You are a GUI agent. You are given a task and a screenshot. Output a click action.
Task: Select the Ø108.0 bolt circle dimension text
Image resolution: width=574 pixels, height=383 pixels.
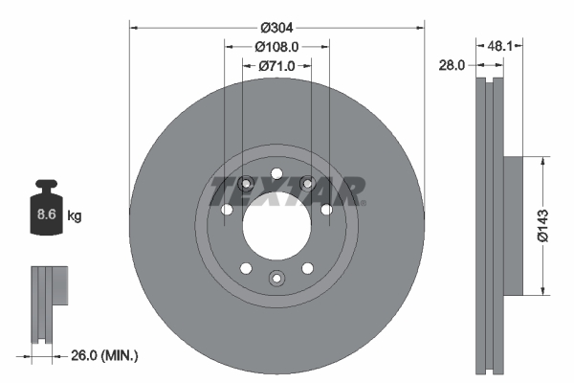coord(277,45)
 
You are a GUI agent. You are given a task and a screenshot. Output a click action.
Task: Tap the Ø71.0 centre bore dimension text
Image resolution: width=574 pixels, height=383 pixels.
coord(277,66)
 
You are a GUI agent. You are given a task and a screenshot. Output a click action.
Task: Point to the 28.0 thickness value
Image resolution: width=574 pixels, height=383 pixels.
coord(452,65)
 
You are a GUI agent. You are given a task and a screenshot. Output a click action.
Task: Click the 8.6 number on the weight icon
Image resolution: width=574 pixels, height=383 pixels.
coord(46,215)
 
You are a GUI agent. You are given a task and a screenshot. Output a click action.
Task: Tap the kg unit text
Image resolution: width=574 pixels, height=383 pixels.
coord(75,216)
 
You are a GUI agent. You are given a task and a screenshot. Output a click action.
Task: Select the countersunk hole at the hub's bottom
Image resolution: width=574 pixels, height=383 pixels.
coord(276,279)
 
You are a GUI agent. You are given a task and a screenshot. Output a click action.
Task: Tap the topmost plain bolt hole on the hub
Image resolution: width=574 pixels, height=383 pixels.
coord(276,173)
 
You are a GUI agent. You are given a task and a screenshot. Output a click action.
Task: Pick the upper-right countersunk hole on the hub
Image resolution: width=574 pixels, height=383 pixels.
coord(307,184)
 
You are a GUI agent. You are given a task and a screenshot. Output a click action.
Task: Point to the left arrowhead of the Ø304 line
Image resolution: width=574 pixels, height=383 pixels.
coord(132,27)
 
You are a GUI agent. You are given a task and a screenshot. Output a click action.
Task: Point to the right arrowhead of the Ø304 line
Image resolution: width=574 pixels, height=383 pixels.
coord(421,27)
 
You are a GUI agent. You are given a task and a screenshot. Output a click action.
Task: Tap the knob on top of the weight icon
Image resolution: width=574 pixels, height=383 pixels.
coord(46,185)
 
